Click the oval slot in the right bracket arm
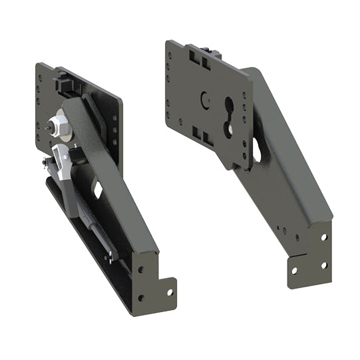coord(256,151)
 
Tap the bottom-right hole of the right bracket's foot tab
coord(324,265)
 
